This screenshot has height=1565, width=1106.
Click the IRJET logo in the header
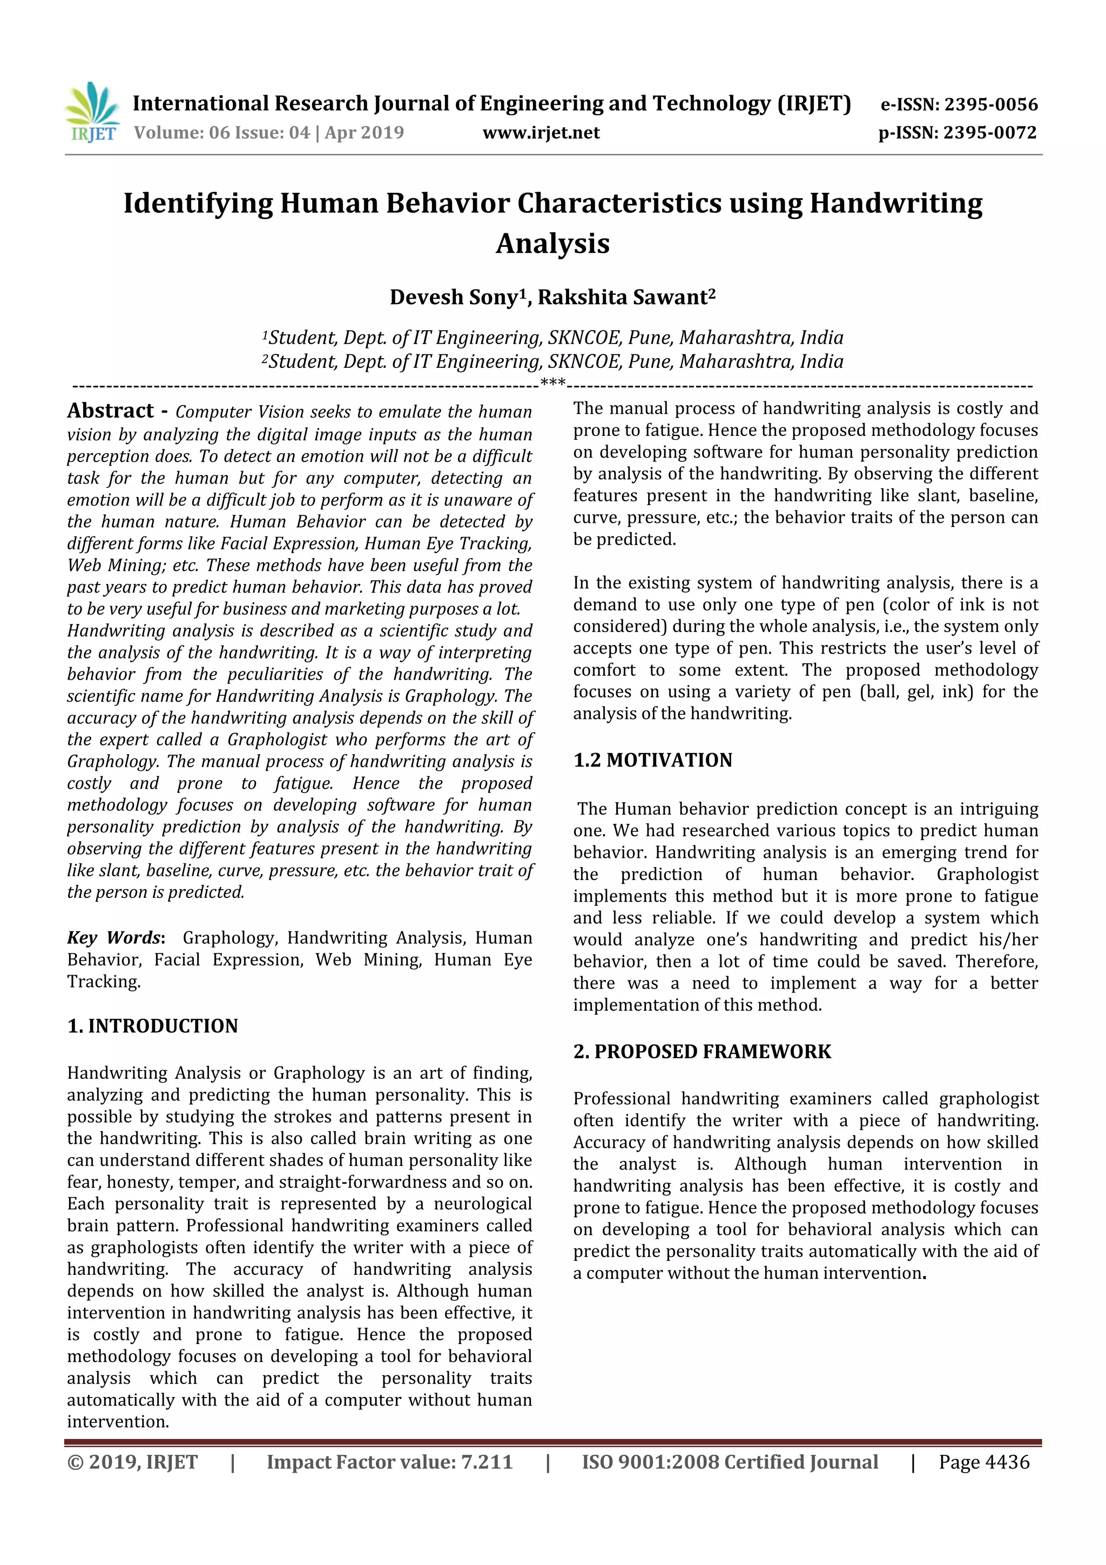point(93,112)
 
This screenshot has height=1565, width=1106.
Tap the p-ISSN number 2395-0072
point(989,133)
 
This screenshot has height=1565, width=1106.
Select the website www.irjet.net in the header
point(541,133)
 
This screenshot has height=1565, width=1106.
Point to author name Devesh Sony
point(454,298)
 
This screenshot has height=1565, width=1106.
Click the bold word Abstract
point(110,411)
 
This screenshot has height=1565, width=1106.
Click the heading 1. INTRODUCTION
point(153,1026)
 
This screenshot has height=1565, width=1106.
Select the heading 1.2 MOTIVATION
point(652,760)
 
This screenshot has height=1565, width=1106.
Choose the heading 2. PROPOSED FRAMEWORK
point(702,1052)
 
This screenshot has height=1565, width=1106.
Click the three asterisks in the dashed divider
point(552,383)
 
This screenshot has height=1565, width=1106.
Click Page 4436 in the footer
point(983,1462)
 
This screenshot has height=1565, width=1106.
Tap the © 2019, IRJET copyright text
point(132,1462)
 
